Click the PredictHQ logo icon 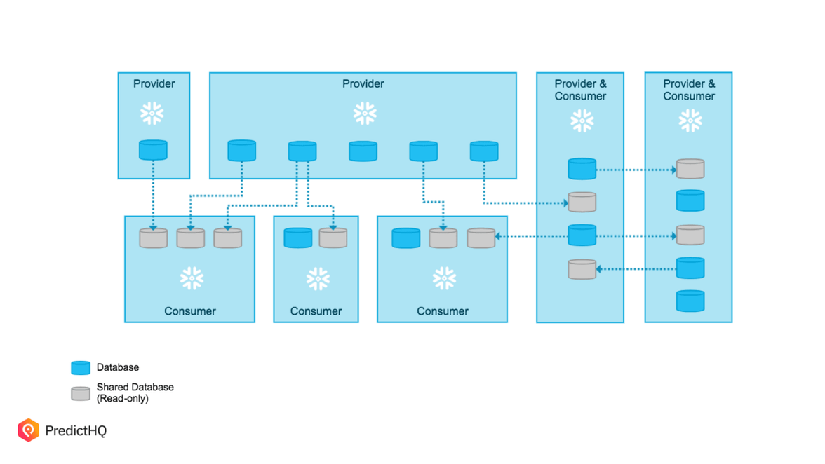[29, 430]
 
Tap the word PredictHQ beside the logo [76, 430]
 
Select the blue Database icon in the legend [81, 367]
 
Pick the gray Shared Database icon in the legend [81, 393]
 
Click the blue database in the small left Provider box [153, 150]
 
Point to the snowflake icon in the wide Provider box [364, 113]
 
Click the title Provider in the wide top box [363, 83]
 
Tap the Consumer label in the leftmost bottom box [189, 311]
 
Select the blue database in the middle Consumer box [298, 238]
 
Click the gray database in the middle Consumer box [333, 238]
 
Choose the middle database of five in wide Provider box [363, 151]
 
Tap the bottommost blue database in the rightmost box [690, 301]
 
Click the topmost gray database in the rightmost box [690, 169]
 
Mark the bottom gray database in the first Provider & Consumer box [582, 269]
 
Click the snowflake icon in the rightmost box [690, 121]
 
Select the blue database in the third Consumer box [406, 238]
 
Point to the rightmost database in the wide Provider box [484, 151]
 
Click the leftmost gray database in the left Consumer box [154, 238]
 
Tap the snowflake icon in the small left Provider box [152, 113]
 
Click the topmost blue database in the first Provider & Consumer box [582, 169]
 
